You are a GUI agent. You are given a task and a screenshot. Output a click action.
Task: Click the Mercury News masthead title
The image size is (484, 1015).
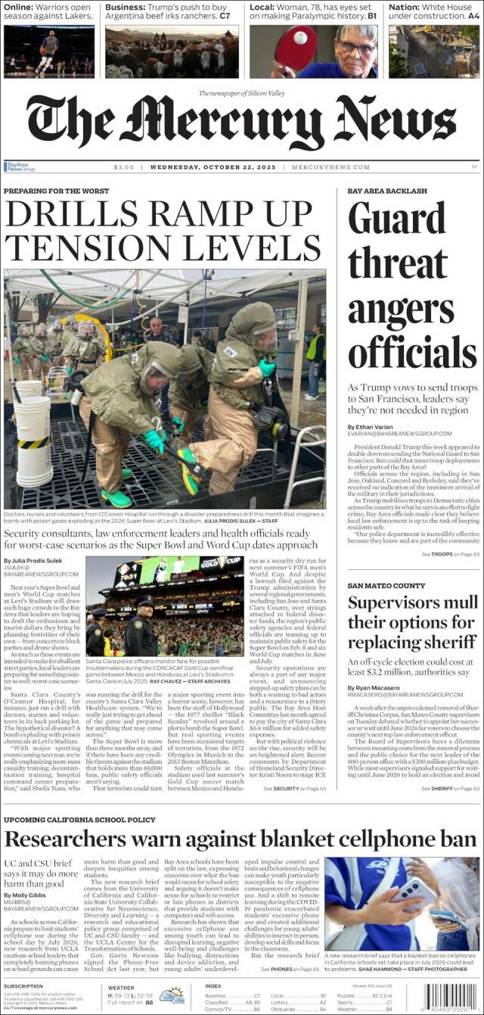pos(241,121)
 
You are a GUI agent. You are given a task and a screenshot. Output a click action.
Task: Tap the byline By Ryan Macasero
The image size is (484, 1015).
pos(376,687)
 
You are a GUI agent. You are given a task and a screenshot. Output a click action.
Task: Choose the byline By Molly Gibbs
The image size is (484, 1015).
pos(26,895)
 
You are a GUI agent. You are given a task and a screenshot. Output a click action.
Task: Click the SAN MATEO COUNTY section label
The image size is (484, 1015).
pos(386,586)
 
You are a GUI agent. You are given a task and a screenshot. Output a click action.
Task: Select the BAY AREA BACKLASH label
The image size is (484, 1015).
pos(387,191)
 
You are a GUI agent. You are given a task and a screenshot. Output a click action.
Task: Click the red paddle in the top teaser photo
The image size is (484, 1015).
pos(296,45)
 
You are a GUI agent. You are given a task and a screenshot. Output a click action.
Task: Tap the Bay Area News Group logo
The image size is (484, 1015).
pos(19,167)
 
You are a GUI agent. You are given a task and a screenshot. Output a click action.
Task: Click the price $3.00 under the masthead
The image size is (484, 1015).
pos(123,167)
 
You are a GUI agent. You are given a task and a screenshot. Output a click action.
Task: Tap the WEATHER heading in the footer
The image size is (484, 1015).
pos(121,987)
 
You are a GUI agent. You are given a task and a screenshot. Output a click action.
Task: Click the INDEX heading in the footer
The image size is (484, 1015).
pos(213,985)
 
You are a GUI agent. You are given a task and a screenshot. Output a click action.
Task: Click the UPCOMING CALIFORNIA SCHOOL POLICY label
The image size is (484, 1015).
pos(79,820)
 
